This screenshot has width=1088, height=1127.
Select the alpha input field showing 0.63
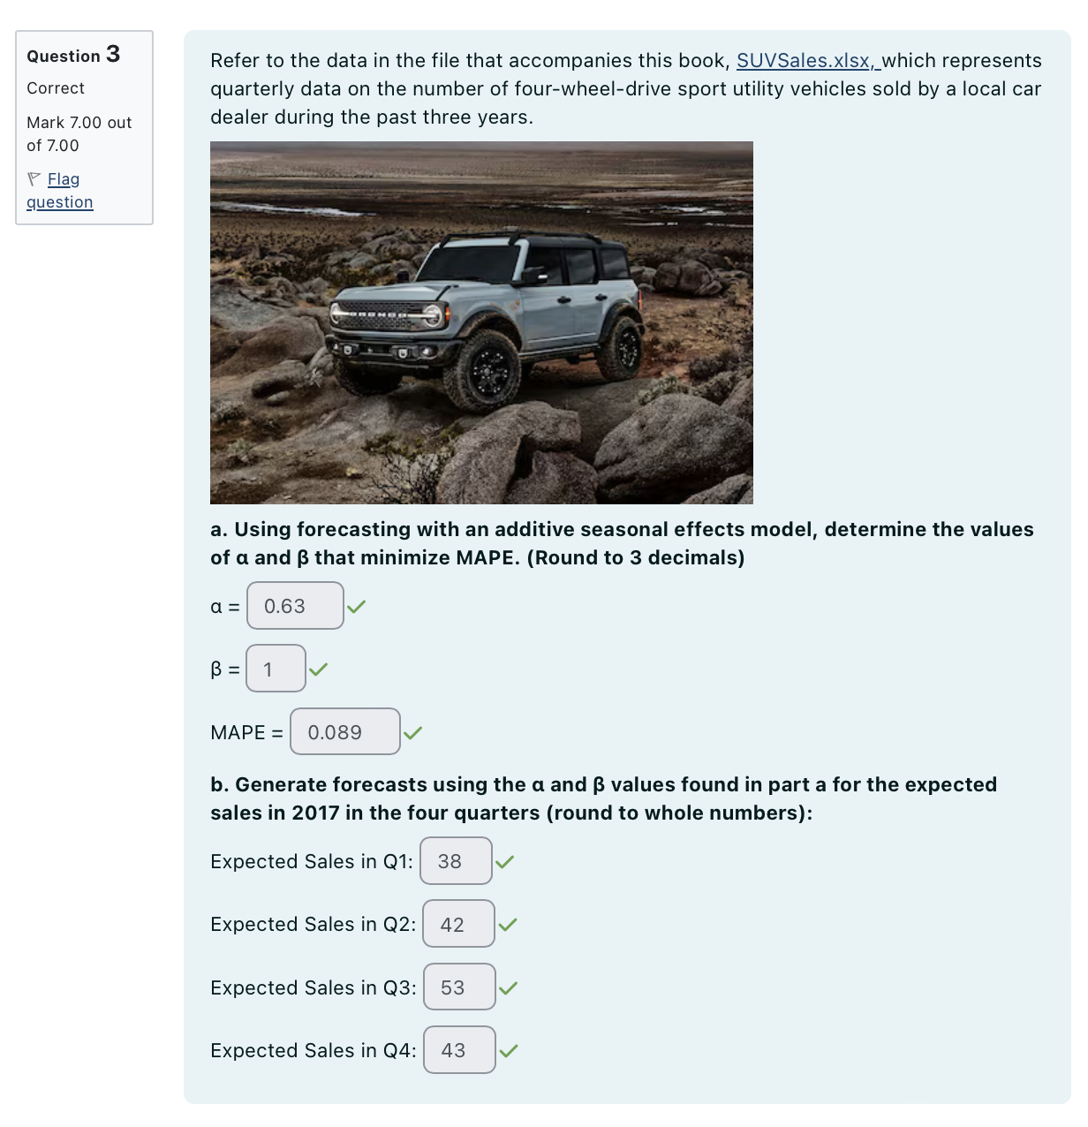(x=295, y=606)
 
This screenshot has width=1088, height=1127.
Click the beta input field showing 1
(x=276, y=669)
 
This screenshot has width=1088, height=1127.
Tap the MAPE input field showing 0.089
(x=344, y=732)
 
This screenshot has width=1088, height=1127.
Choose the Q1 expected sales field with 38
(x=456, y=861)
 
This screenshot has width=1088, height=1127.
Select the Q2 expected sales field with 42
(x=458, y=924)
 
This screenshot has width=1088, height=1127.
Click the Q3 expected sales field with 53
(x=459, y=987)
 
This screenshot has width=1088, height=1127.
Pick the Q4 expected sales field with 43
(x=459, y=1050)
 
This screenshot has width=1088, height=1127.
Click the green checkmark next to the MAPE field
(x=412, y=732)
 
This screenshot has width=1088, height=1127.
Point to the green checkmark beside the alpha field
(x=356, y=607)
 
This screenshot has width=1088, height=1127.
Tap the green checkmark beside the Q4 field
(x=509, y=1051)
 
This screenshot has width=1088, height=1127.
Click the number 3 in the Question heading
(x=113, y=54)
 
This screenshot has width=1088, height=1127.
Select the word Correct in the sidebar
(x=56, y=88)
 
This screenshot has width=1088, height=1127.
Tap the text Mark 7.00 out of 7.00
(x=79, y=134)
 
